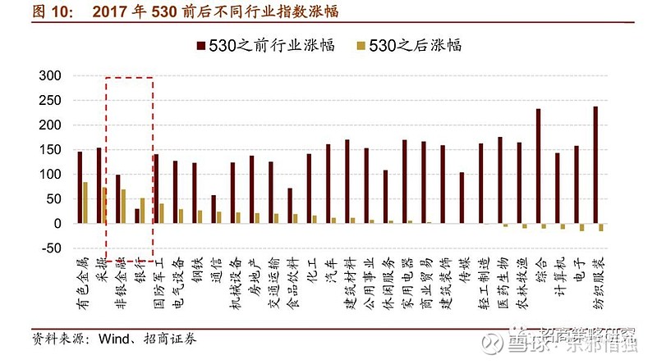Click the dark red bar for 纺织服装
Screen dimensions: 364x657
point(595,165)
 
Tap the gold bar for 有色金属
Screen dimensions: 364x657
point(85,202)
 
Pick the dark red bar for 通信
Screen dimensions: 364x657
point(214,209)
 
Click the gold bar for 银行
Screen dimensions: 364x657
point(143,211)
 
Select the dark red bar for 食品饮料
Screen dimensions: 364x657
point(290,206)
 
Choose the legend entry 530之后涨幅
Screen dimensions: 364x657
point(407,45)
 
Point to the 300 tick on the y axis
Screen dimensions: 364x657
point(51,75)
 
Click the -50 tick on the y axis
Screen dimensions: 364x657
point(51,248)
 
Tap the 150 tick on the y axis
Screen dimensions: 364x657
point(51,149)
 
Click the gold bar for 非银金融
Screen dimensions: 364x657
point(123,207)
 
